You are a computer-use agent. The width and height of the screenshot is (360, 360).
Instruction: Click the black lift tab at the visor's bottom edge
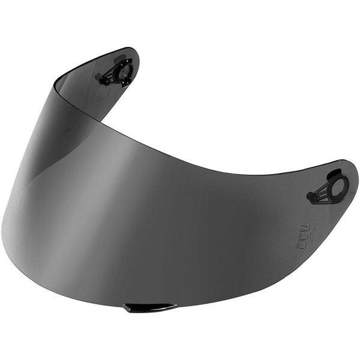point(150,308)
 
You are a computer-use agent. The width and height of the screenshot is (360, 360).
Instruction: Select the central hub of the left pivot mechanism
point(123,73)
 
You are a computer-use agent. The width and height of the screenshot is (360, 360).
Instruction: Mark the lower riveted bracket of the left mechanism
point(125,82)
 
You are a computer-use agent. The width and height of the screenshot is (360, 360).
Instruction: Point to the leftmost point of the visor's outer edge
point(2,228)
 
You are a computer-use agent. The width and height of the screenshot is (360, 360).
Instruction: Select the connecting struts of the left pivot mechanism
point(110,75)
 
